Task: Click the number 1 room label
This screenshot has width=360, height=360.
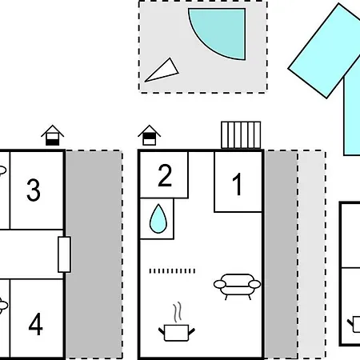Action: tap(237, 184)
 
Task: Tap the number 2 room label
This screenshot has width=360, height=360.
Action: tap(165, 175)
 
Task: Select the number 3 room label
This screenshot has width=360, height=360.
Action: tap(34, 190)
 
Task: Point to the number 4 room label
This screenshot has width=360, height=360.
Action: tap(35, 324)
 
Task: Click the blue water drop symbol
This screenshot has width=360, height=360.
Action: tap(158, 218)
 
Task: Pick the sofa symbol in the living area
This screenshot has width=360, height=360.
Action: tap(237, 286)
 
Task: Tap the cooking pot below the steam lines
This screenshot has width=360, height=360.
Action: tap(177, 333)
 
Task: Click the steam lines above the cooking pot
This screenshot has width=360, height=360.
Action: tap(178, 312)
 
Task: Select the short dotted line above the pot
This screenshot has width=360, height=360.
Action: tap(172, 271)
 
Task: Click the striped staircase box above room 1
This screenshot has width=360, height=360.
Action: tap(241, 135)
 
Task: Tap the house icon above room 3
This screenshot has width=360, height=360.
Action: tap(53, 135)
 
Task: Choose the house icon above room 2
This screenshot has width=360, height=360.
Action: tap(150, 135)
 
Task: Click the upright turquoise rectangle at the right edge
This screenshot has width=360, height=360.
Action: tap(352, 115)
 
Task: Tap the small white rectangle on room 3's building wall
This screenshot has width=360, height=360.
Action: tap(64, 254)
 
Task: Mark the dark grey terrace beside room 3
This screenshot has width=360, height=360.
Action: tap(94, 254)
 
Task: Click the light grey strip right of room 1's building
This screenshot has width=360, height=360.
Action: tap(311, 254)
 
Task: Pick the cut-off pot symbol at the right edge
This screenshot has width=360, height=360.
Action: tap(354, 324)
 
